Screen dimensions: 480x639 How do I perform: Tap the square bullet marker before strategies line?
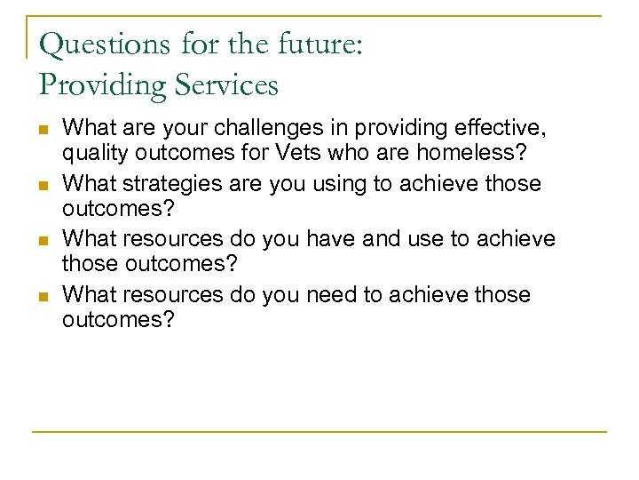pyautogui.click(x=43, y=185)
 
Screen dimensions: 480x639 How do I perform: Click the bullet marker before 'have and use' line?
pyautogui.click(x=43, y=240)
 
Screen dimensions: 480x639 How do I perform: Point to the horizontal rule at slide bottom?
pyautogui.click(x=319, y=432)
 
